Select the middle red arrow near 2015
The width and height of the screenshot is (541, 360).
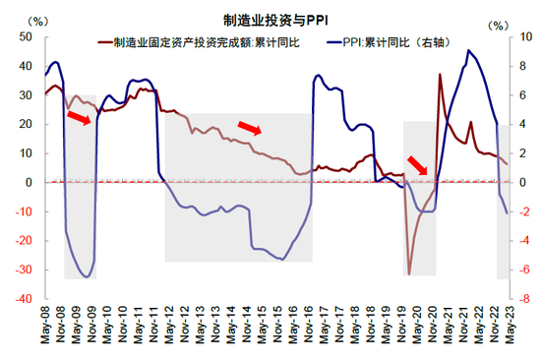click(x=251, y=127)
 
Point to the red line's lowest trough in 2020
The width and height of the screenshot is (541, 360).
click(x=409, y=274)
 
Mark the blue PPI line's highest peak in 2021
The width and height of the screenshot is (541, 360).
click(x=468, y=50)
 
